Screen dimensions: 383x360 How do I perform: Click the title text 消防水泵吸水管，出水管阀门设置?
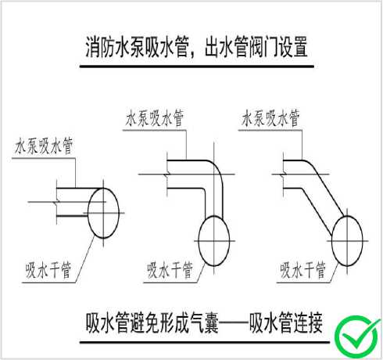coord(197,47)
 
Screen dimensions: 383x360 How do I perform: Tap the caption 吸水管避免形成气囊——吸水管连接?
coord(204,323)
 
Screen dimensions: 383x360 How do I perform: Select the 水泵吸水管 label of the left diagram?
coord(43,146)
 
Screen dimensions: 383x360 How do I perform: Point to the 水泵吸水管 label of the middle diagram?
coord(155,118)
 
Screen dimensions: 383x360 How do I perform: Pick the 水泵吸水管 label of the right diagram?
coord(270,118)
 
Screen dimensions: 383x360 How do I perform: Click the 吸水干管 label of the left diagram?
coord(48,270)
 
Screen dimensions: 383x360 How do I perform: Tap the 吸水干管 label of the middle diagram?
coord(170,270)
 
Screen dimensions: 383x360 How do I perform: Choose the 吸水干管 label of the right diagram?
coord(302,270)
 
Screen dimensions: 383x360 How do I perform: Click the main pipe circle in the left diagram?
coord(88,213)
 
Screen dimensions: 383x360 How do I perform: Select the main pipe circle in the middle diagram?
coord(199,240)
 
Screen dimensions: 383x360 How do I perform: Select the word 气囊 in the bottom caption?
coord(205,323)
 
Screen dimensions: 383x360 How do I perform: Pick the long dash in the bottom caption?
coord(234,323)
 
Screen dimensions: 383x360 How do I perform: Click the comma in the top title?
coord(193,54)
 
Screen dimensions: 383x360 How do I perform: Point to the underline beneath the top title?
coord(197,67)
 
